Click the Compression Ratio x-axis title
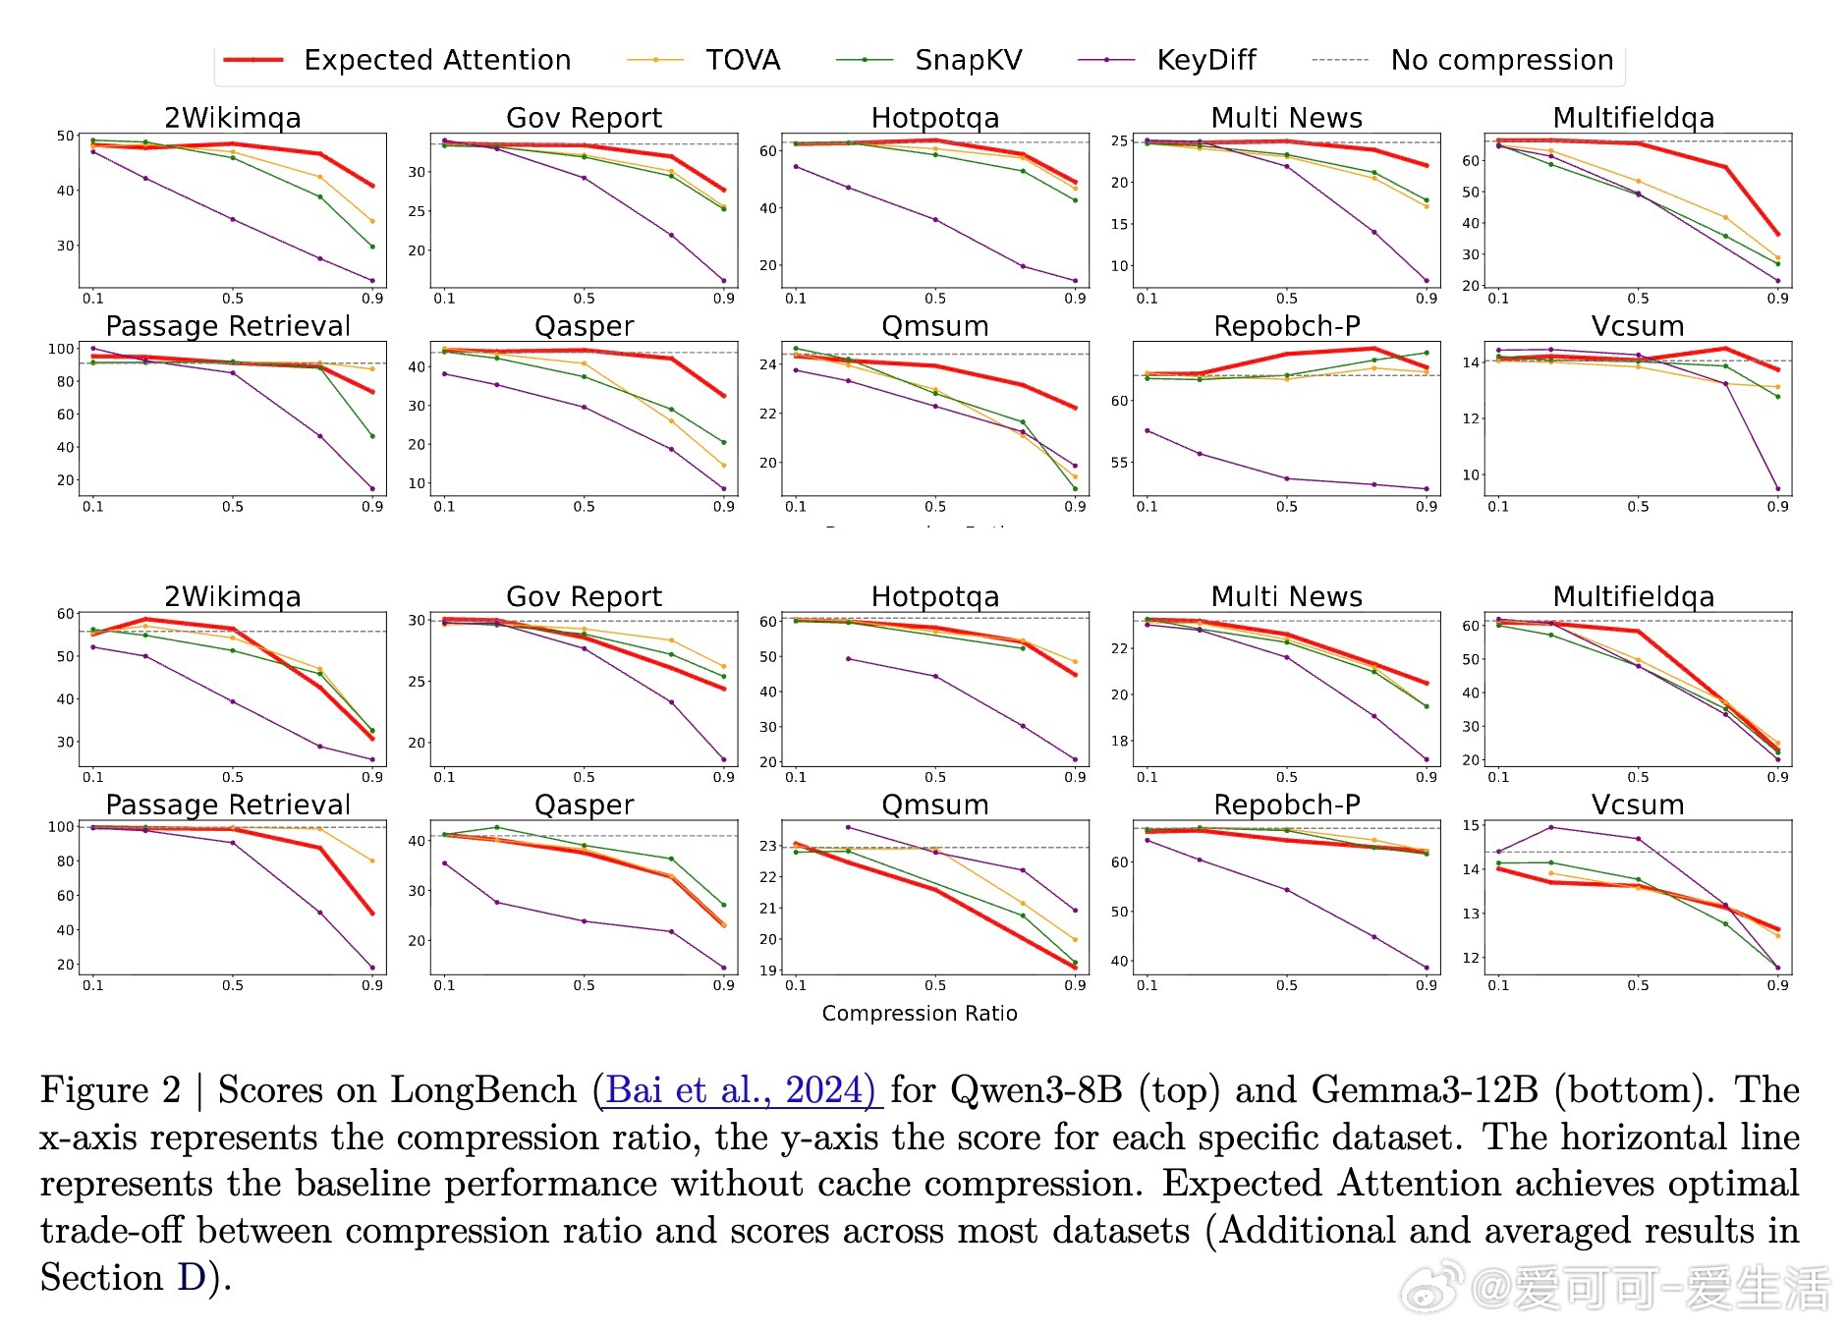coord(920,1013)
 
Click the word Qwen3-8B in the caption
coord(1035,1090)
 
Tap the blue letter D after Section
coord(191,1278)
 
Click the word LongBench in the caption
coord(483,1090)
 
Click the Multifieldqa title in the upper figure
coord(1633,118)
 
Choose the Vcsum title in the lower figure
coord(1638,805)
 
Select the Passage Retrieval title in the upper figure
coord(228,326)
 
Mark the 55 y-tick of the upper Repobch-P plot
coord(1119,463)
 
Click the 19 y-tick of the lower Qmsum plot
coord(767,971)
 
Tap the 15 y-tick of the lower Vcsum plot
coord(1470,825)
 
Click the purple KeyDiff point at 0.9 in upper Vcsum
coord(1777,488)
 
